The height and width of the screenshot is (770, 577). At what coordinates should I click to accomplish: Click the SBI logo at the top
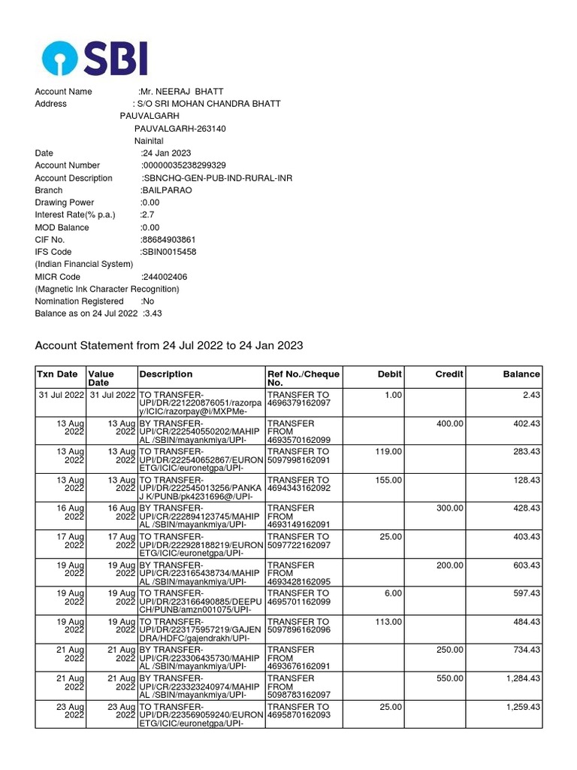(95, 59)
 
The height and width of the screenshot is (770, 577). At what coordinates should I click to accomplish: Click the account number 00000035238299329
(184, 165)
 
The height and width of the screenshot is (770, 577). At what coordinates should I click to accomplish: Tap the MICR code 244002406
(165, 277)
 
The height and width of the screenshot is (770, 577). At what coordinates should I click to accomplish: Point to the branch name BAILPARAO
(166, 190)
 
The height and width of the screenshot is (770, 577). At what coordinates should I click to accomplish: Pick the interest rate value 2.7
(147, 215)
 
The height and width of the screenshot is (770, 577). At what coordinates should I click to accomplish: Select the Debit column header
(390, 374)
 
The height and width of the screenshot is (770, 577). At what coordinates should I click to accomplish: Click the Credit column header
(449, 374)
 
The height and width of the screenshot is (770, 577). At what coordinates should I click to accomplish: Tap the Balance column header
(521, 374)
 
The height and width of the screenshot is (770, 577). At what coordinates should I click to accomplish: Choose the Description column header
(165, 374)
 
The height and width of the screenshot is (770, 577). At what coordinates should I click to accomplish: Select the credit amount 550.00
(449, 678)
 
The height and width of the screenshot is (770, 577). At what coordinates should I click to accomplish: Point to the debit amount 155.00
(388, 480)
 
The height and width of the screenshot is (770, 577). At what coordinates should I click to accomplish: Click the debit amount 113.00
(388, 622)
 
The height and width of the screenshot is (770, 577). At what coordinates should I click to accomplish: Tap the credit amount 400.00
(449, 423)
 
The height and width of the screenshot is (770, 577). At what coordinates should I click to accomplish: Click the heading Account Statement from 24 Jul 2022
(169, 345)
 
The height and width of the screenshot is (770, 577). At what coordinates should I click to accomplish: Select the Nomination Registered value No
(147, 302)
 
